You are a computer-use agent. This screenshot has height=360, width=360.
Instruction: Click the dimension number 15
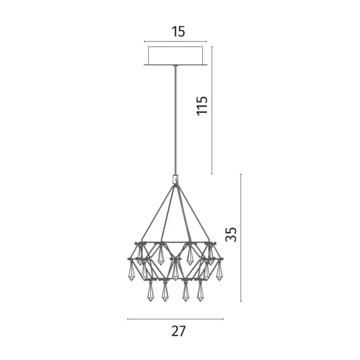[x=178, y=32]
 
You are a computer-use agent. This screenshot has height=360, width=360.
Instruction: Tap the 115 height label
[x=202, y=106]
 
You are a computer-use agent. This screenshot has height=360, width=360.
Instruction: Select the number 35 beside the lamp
[x=231, y=234]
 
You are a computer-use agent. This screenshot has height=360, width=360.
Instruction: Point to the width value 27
[x=178, y=331]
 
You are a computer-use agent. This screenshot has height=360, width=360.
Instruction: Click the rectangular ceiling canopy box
[x=176, y=55]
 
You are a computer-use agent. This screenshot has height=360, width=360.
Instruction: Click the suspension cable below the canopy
[x=176, y=121]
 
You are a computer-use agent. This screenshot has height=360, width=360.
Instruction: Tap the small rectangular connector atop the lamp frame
[x=176, y=180]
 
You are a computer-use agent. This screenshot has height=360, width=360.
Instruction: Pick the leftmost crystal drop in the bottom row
[x=150, y=292]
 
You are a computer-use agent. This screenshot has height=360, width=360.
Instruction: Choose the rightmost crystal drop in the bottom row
[x=200, y=292]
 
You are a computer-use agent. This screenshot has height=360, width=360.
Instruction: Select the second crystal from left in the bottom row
[x=165, y=292]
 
